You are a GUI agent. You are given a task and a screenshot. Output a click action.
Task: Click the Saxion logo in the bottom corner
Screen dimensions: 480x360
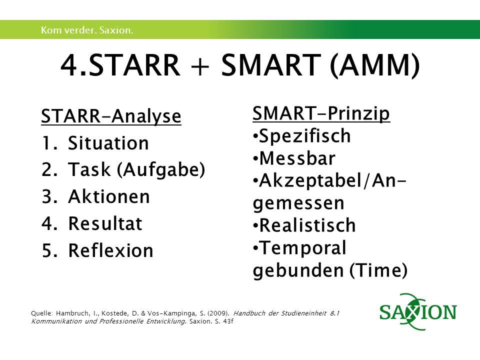click(x=418, y=311)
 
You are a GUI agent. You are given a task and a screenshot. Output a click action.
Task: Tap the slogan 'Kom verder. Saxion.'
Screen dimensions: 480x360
click(x=87, y=30)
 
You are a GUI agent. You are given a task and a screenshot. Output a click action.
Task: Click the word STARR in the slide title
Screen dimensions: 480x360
click(x=134, y=65)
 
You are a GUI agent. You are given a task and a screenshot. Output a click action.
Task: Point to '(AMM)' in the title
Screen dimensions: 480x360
click(x=374, y=65)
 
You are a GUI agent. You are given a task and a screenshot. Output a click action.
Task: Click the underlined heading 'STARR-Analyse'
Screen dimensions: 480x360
click(x=111, y=116)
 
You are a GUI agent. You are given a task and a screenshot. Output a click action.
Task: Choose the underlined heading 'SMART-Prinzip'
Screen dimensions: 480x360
click(x=321, y=114)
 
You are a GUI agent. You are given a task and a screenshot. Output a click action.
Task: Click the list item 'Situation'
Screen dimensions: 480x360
click(x=108, y=143)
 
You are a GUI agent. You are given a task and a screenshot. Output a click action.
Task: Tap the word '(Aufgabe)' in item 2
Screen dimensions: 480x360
click(x=161, y=170)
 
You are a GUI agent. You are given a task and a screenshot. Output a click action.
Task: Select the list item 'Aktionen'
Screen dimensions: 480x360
click(x=109, y=196)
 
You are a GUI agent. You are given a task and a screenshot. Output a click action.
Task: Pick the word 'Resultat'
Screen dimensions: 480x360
click(x=105, y=223)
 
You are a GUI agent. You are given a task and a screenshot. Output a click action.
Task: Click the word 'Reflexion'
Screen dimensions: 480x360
click(x=110, y=250)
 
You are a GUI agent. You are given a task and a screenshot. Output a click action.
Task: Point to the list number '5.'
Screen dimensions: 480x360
click(x=49, y=250)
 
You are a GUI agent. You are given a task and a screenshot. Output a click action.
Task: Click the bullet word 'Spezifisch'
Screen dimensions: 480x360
click(x=304, y=136)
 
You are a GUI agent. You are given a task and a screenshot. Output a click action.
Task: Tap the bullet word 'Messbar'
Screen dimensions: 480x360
click(x=297, y=158)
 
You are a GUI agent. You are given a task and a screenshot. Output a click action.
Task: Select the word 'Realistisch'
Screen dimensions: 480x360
click(x=307, y=225)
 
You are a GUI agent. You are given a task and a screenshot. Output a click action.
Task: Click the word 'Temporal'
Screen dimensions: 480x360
click(x=302, y=248)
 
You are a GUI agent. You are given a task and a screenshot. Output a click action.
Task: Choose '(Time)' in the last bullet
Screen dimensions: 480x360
click(x=378, y=270)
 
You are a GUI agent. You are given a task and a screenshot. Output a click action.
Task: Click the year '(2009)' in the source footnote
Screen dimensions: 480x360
click(x=218, y=313)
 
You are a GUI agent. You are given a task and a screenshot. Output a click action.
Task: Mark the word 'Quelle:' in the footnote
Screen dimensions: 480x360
click(x=42, y=313)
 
